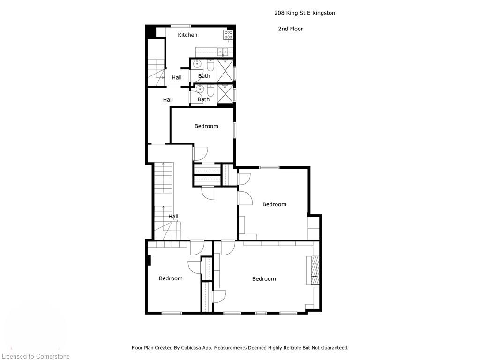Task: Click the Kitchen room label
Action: (187, 35)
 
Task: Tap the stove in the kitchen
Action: (228, 34)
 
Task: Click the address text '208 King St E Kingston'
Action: (305, 13)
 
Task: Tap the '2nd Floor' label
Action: (291, 29)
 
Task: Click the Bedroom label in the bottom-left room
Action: (171, 278)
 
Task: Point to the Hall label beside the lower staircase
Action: (173, 217)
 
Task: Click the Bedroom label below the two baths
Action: (206, 126)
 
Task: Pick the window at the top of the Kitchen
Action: (180, 26)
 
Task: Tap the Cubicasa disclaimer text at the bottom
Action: (240, 348)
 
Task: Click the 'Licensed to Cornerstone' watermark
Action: (35, 357)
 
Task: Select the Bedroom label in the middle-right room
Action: (274, 204)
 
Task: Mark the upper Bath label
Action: (204, 76)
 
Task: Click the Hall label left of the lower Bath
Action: (168, 99)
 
